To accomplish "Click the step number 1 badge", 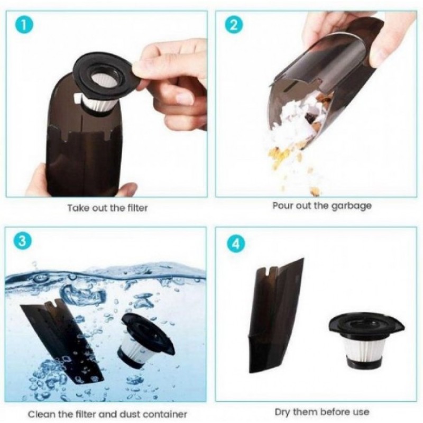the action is [24, 25].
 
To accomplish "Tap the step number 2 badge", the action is [234, 24].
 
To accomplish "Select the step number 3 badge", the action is [23, 241].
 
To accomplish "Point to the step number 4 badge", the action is [235, 244].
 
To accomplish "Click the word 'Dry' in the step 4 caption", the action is [282, 412].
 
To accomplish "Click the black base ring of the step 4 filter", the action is [363, 364].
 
